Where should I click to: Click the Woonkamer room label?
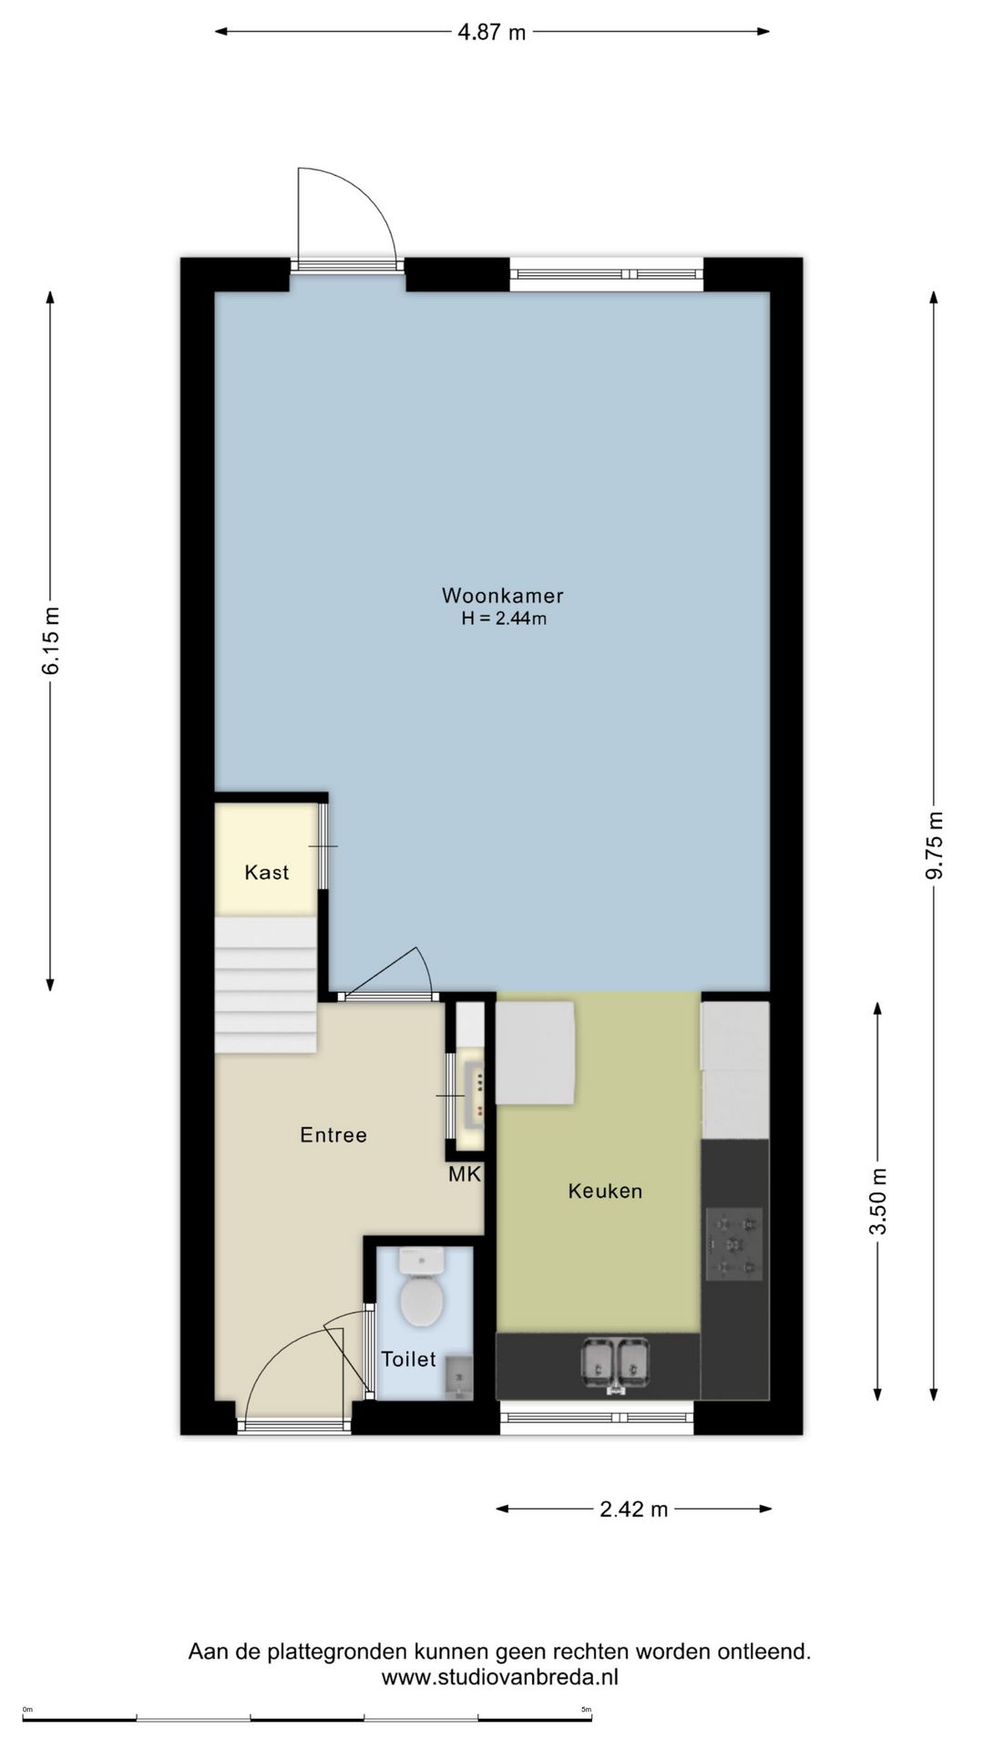pyautogui.click(x=502, y=596)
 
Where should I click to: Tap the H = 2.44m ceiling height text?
pyautogui.click(x=504, y=619)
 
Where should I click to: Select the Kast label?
pyautogui.click(x=266, y=873)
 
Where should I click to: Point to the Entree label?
pyautogui.click(x=333, y=1135)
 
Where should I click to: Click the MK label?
pyautogui.click(x=465, y=1175)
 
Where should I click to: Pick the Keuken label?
pyautogui.click(x=605, y=1192)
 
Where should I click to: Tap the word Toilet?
pyautogui.click(x=408, y=1359)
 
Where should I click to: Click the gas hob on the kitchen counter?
pyautogui.click(x=734, y=1244)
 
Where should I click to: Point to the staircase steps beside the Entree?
pyautogui.click(x=265, y=985)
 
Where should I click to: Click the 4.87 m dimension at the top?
pyautogui.click(x=492, y=33)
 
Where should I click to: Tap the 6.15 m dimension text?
pyautogui.click(x=51, y=640)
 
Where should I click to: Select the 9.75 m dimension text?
pyautogui.click(x=935, y=845)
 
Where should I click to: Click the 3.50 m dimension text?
pyautogui.click(x=877, y=1201)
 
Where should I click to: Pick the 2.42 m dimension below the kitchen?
pyautogui.click(x=634, y=1509)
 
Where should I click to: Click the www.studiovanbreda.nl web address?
pyautogui.click(x=499, y=1677)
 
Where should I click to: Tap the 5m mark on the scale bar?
pyautogui.click(x=587, y=1709)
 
